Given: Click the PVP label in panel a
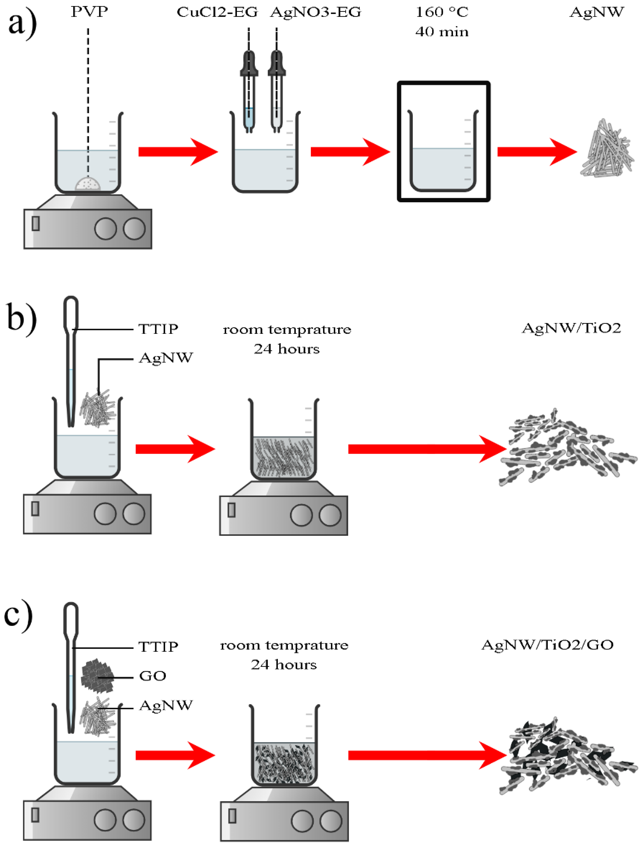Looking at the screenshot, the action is (x=89, y=12).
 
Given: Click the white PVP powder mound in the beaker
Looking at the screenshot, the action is (x=88, y=184).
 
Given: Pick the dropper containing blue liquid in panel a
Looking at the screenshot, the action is (x=249, y=92).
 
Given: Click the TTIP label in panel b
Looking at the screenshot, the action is (x=158, y=329).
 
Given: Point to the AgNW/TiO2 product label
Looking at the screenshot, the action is (x=571, y=328).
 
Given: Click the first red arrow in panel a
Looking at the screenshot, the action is (x=178, y=152).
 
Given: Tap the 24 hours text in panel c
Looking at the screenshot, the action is (x=284, y=664).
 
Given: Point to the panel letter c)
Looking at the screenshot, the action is (x=18, y=616).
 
